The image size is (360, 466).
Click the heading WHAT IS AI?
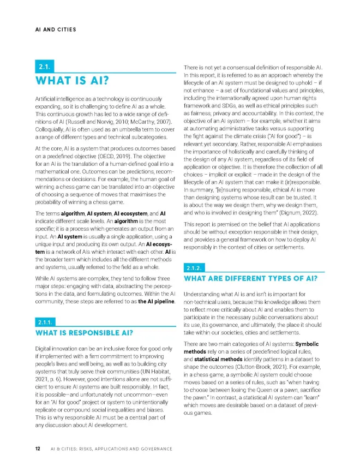(x=71, y=82)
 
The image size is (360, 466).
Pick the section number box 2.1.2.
(x=195, y=268)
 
